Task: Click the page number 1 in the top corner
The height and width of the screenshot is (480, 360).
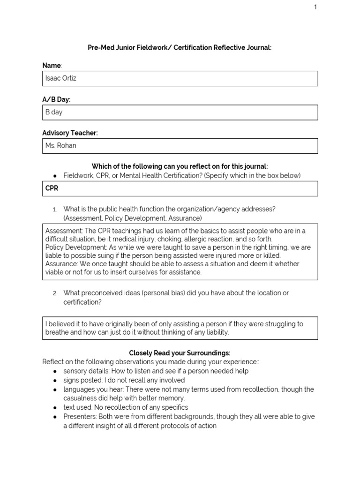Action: point(315,7)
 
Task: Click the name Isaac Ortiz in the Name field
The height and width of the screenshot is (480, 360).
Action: point(60,78)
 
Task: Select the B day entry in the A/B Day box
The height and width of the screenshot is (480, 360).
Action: point(53,112)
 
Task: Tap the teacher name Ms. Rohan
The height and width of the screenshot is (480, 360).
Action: point(60,145)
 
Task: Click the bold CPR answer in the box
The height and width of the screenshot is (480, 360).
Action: point(52,188)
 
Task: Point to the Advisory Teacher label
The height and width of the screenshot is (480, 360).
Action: point(70,133)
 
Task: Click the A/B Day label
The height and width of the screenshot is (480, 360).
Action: point(56,99)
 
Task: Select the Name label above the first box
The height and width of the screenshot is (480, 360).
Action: point(52,66)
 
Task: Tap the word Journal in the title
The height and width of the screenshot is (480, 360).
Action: point(259,48)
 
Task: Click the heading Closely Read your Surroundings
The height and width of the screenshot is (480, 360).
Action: point(180,352)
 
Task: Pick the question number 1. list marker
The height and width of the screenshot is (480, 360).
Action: point(55,210)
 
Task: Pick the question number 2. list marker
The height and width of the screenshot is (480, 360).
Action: point(55,293)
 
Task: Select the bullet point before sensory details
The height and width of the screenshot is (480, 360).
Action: point(55,371)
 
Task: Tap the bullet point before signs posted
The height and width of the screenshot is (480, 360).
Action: point(55,380)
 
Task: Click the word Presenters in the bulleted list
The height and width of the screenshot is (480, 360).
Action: point(79,417)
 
